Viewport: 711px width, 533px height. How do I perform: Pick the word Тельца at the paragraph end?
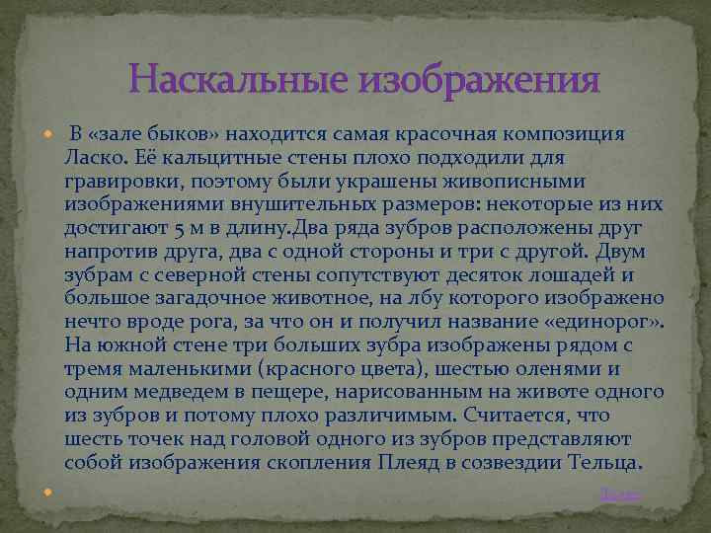[607, 461]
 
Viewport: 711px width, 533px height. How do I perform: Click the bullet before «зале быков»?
[49, 135]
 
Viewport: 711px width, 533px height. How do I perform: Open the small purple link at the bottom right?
[621, 494]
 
